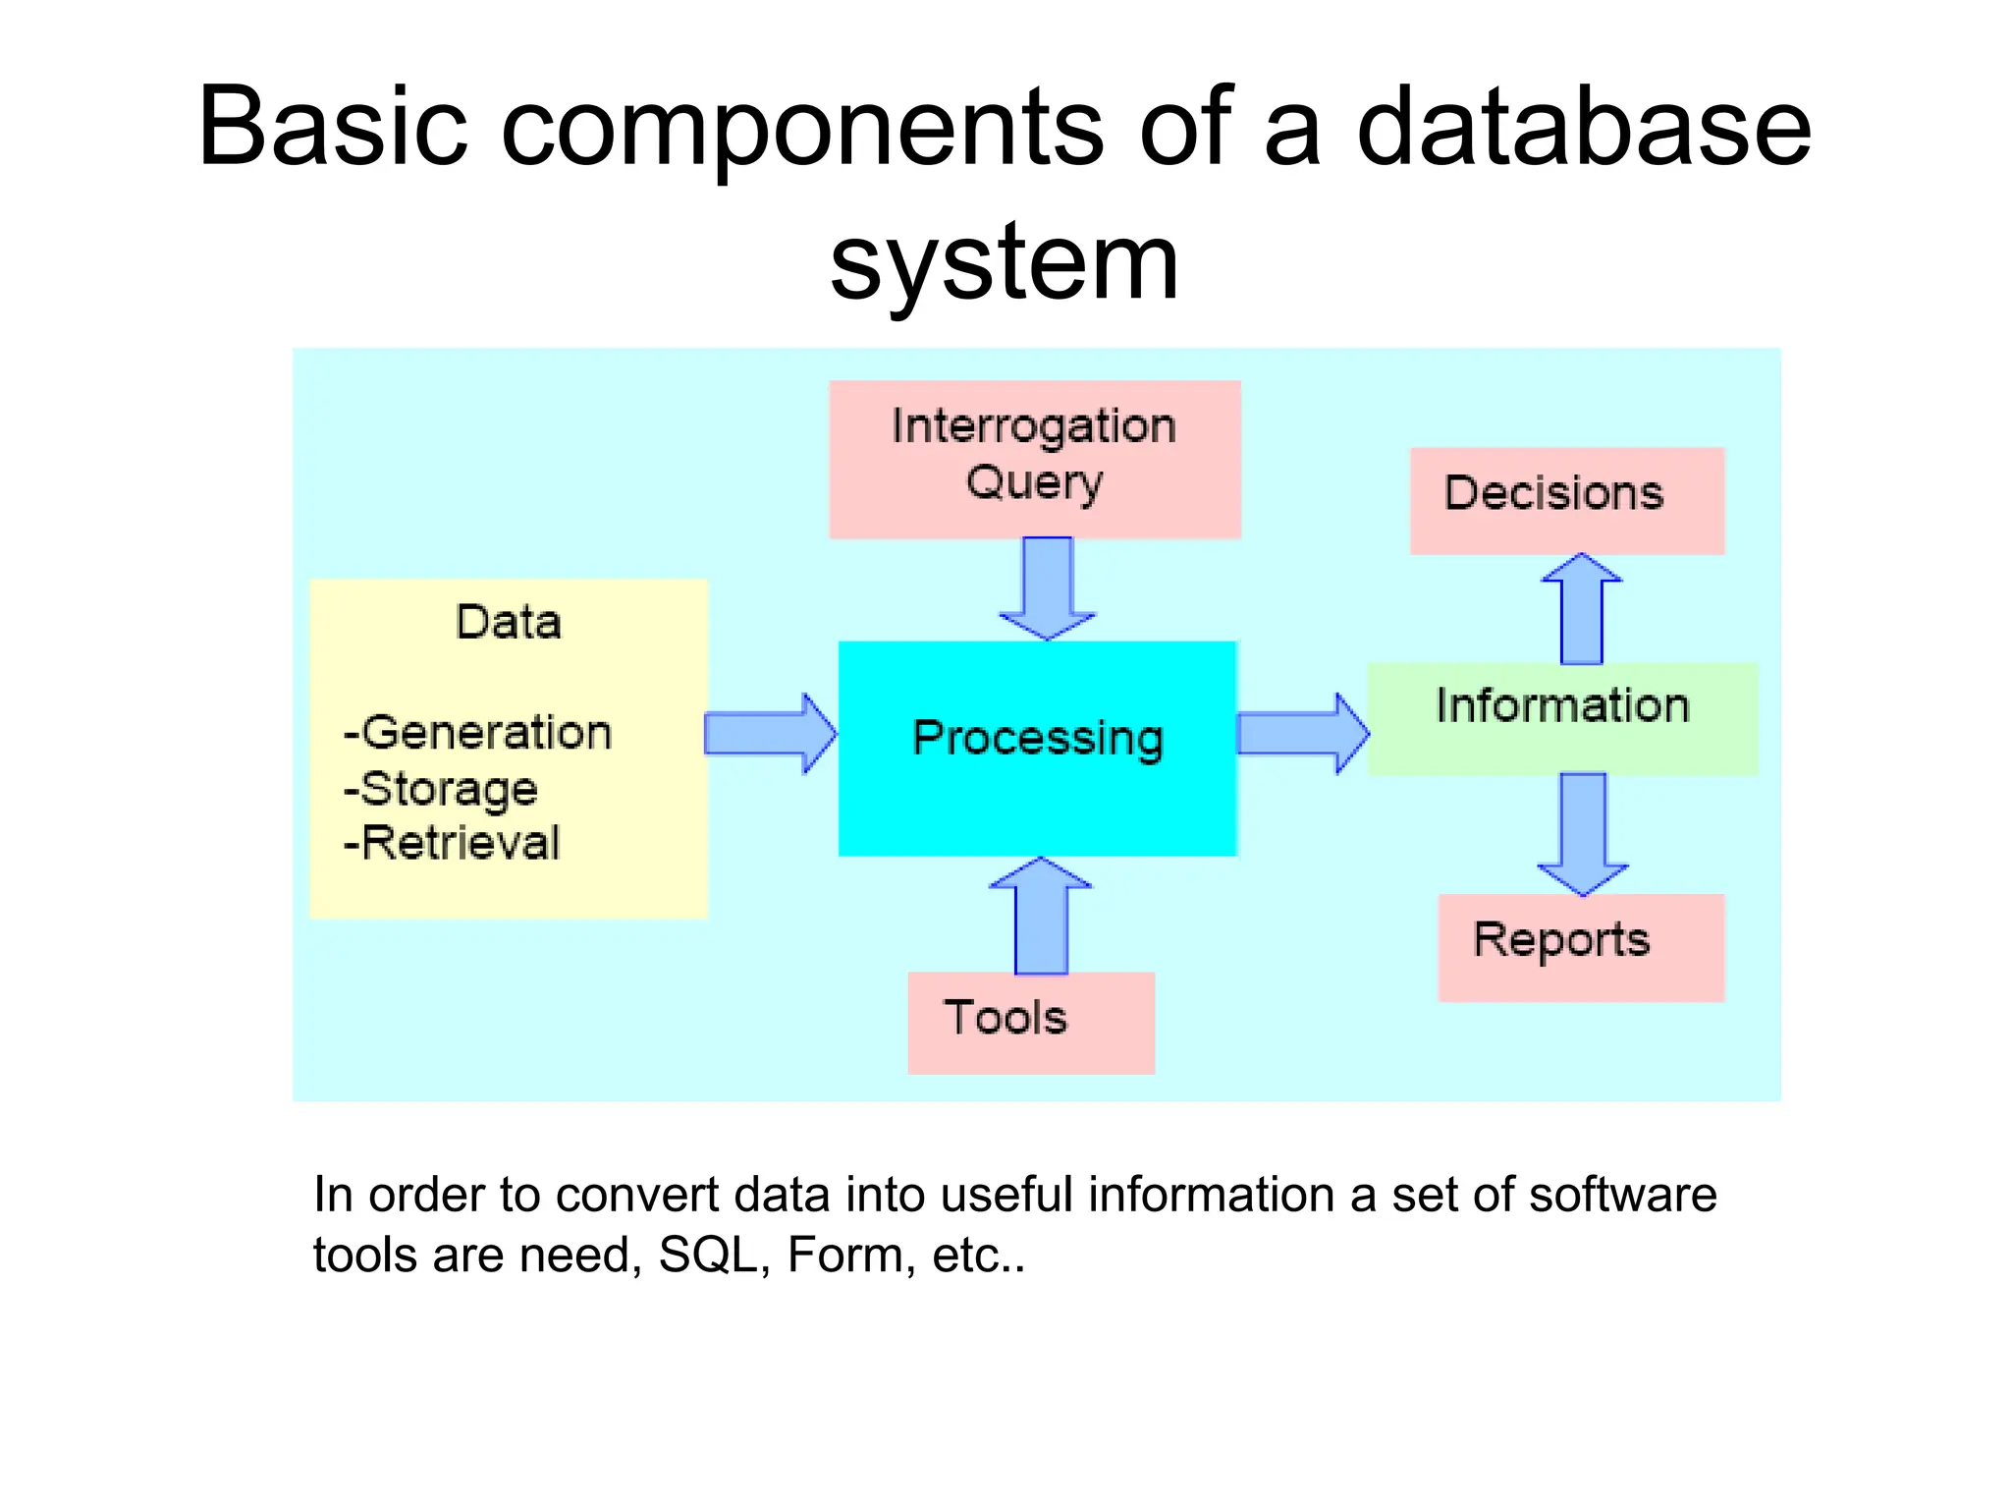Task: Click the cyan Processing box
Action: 1037,749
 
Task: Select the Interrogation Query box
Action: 1034,459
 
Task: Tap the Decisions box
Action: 1566,500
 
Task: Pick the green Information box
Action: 1561,718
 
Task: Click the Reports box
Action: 1580,947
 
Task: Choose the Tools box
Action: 1030,1022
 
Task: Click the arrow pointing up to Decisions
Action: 1581,609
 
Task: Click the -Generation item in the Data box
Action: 477,733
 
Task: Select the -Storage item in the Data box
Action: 440,789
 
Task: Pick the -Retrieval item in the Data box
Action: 452,843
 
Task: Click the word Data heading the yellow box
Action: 508,622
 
